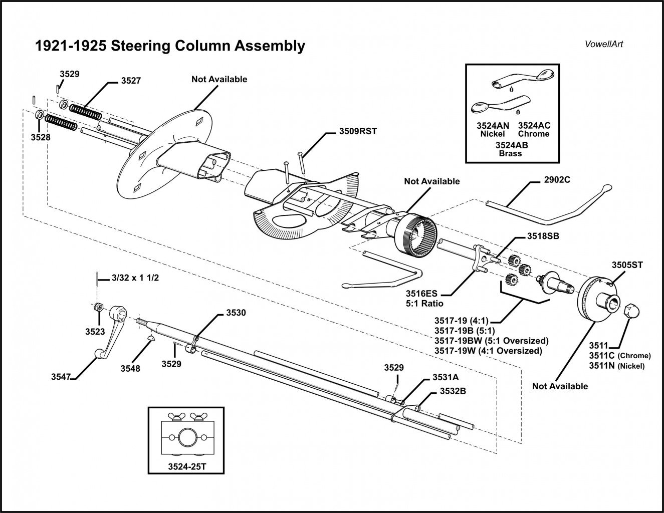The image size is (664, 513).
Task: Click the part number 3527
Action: (131, 80)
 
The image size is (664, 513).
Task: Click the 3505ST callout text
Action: (627, 265)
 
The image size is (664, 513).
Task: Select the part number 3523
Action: (95, 331)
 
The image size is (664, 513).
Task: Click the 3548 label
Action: (130, 368)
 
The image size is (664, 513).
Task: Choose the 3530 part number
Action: (236, 313)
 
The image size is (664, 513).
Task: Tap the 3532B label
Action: (453, 391)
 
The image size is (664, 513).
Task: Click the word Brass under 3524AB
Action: (510, 154)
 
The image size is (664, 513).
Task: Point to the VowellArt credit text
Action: (604, 44)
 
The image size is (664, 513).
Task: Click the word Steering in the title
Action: (141, 46)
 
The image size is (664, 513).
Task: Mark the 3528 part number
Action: (40, 136)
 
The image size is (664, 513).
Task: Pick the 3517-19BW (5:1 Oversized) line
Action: (491, 341)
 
